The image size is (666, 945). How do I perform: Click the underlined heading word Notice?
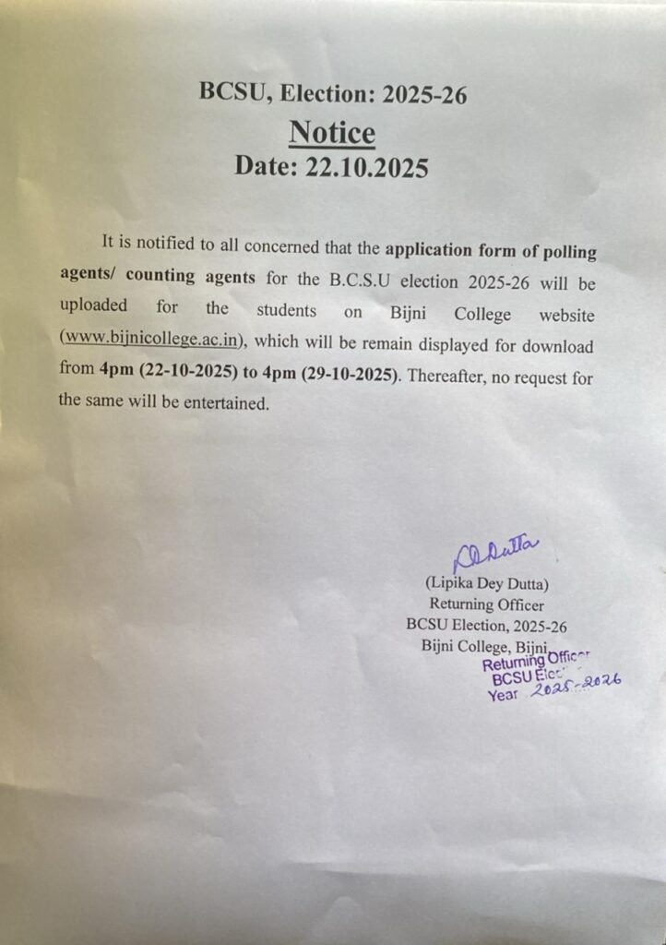(x=332, y=133)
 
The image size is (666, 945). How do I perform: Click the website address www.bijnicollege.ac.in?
(x=152, y=341)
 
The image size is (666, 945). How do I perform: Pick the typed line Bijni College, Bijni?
(x=484, y=646)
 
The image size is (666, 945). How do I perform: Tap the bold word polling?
(x=565, y=251)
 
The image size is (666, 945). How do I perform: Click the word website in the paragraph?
(x=566, y=315)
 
